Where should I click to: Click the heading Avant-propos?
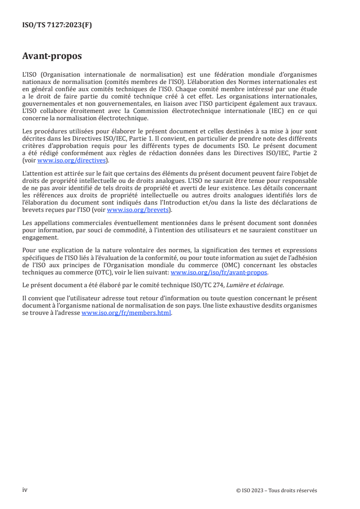[x=52, y=57]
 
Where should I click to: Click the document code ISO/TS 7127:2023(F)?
[x=57, y=25]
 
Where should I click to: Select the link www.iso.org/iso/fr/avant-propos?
[x=219, y=273]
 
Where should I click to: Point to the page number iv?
[x=25, y=490]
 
